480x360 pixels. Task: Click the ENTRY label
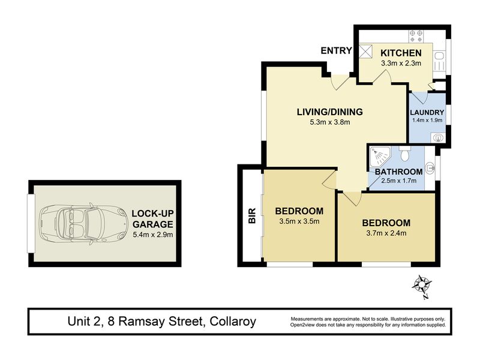pyautogui.click(x=336, y=50)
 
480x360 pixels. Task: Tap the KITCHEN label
pyautogui.click(x=401, y=53)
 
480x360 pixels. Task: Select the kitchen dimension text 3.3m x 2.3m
pyautogui.click(x=401, y=64)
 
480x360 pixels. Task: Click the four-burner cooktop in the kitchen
pyautogui.click(x=416, y=36)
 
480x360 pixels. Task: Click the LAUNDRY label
pyautogui.click(x=427, y=112)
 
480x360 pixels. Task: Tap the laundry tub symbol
pyautogui.click(x=438, y=138)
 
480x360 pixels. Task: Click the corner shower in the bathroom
pyautogui.click(x=380, y=157)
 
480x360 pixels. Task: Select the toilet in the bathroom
pyautogui.click(x=404, y=154)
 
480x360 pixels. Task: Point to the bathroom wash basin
pyautogui.click(x=430, y=168)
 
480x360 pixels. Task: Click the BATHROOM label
pyautogui.click(x=398, y=172)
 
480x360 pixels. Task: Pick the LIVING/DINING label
pyautogui.click(x=329, y=112)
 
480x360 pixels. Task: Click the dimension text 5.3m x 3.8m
pyautogui.click(x=329, y=122)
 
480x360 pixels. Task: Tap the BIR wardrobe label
pyautogui.click(x=252, y=215)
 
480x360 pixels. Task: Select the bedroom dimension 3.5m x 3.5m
pyautogui.click(x=299, y=221)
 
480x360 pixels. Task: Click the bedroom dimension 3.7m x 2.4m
pyautogui.click(x=386, y=233)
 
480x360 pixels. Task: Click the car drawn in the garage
pyautogui.click(x=83, y=223)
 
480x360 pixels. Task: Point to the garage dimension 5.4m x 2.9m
pyautogui.click(x=153, y=235)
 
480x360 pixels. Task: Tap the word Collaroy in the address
pyautogui.click(x=233, y=322)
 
